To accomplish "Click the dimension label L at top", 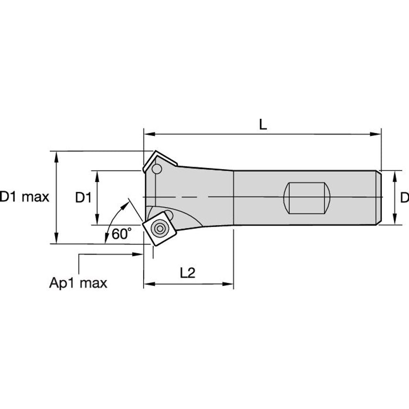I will click(262, 124).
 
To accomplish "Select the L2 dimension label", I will click(188, 273).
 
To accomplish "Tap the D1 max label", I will click(24, 197).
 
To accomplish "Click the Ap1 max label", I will click(78, 283).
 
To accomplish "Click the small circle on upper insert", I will click(156, 169).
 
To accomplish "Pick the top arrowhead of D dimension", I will click(395, 174).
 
